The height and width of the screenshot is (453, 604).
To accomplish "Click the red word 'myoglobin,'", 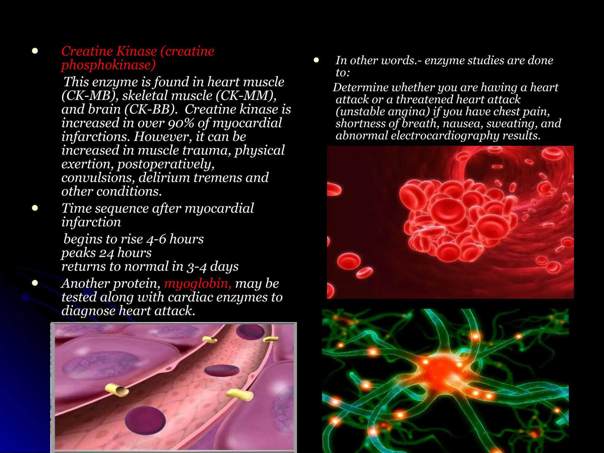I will pos(198,284).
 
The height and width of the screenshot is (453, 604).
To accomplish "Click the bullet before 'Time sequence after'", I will pos(35,208).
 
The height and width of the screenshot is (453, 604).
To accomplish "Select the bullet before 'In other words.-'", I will pos(316,60).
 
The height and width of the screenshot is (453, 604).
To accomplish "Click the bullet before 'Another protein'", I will pos(35,283).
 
